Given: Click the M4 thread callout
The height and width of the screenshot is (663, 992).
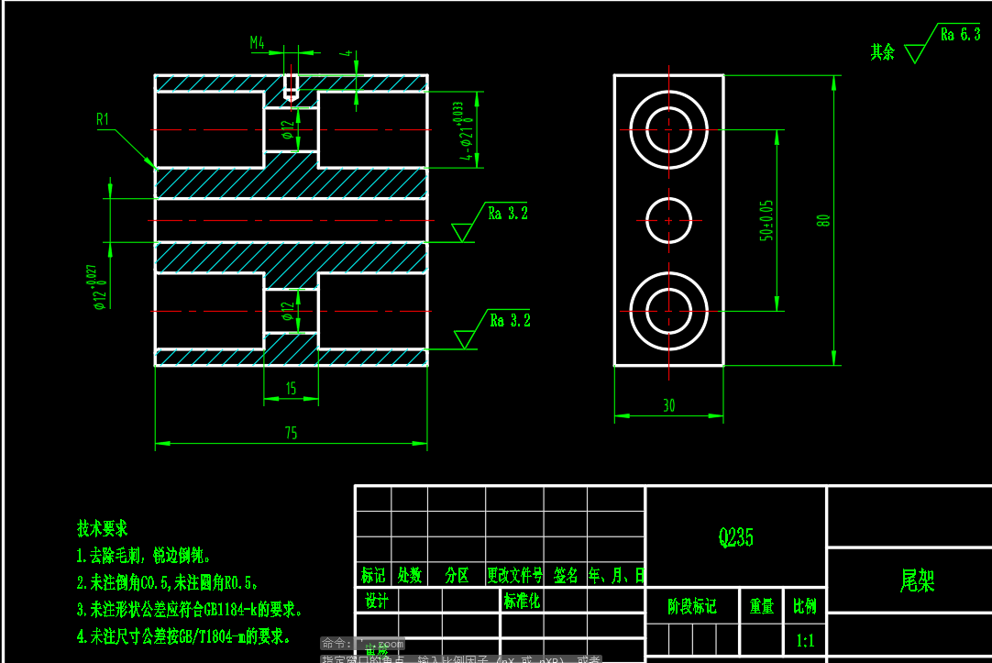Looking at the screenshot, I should [x=258, y=42].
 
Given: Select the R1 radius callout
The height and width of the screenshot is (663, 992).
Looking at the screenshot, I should [x=103, y=119].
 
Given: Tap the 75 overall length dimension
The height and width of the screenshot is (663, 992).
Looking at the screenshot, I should [x=291, y=434].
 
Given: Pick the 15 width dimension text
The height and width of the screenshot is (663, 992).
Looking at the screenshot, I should [x=291, y=389].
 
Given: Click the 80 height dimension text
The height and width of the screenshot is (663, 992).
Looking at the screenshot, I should [x=823, y=220].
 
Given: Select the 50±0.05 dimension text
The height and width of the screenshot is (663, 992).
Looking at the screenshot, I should [x=766, y=220].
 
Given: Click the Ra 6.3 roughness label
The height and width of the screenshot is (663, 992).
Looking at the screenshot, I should [x=960, y=35].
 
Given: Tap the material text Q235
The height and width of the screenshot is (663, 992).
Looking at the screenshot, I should [x=736, y=537].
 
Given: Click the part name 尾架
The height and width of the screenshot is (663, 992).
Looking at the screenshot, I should [x=917, y=580].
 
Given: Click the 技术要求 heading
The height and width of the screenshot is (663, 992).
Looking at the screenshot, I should [x=103, y=529].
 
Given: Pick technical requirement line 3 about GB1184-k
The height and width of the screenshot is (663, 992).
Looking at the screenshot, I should [x=190, y=609].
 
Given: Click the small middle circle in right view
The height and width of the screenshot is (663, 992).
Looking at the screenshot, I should [x=668, y=221].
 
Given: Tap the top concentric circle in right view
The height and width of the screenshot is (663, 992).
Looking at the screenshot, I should [x=668, y=129].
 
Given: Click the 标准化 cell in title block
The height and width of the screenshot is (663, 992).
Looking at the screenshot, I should [x=522, y=602].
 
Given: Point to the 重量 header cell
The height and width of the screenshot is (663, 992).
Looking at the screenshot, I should [x=761, y=607].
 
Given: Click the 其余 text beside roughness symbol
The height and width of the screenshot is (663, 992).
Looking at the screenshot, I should [x=882, y=52].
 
